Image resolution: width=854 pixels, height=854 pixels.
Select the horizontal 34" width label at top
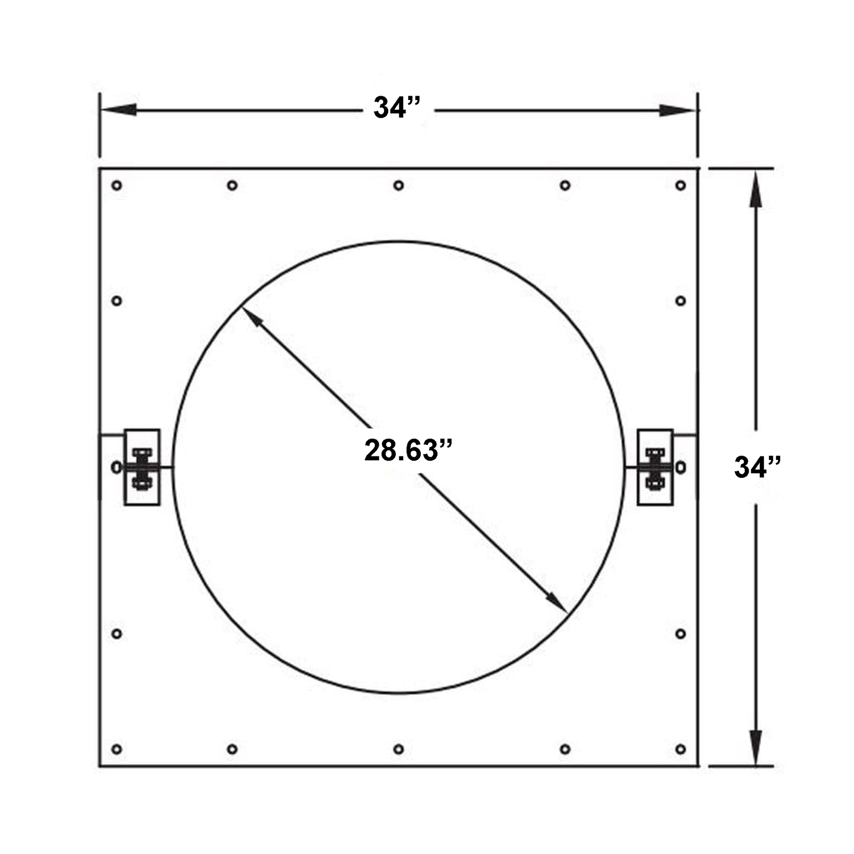click(x=396, y=108)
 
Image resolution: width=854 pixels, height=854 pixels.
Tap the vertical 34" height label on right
click(x=757, y=467)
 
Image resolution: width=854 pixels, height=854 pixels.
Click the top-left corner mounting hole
click(x=117, y=185)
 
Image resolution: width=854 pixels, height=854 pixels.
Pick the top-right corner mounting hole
click(x=680, y=185)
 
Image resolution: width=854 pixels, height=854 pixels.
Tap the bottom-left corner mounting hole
click(x=117, y=749)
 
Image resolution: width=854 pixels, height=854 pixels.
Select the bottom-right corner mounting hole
click(x=680, y=749)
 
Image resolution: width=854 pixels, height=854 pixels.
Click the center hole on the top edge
click(x=398, y=185)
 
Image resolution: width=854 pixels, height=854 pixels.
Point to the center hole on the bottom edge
click(x=398, y=749)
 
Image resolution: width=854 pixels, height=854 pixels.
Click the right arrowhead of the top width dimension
click(x=678, y=110)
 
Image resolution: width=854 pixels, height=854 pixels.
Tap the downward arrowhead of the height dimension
click(x=755, y=746)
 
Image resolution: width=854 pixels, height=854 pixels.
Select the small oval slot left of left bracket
click(x=116, y=467)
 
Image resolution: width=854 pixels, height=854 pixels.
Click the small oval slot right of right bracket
click(x=681, y=467)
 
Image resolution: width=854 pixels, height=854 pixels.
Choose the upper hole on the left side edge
click(x=117, y=301)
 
